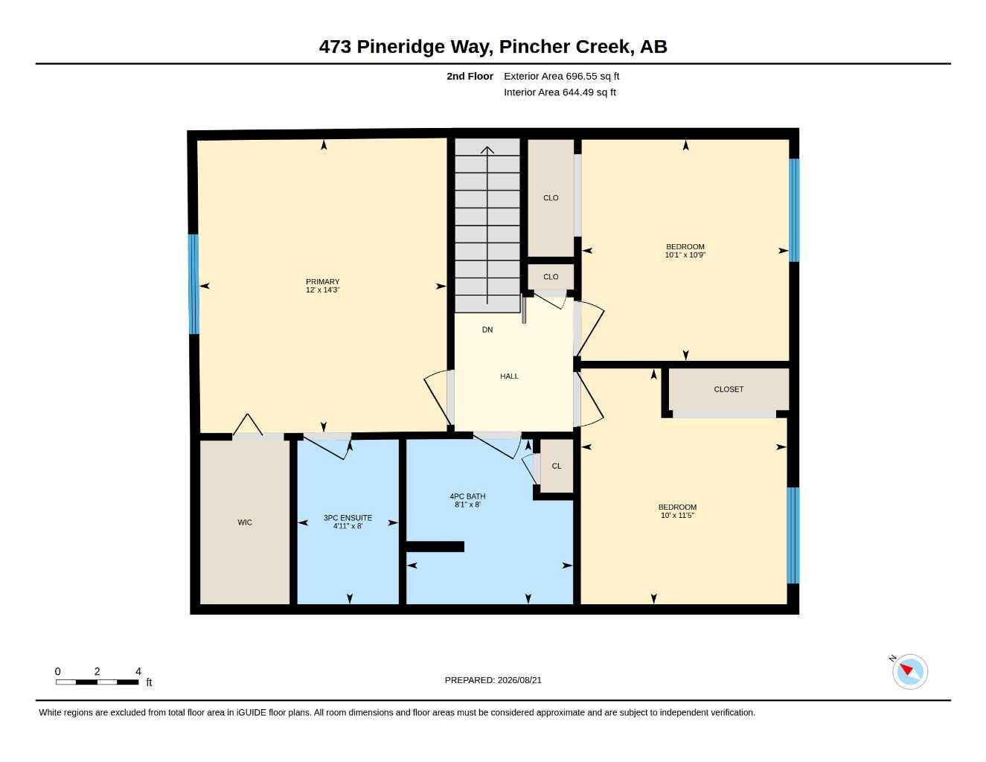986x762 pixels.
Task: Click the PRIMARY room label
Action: pyautogui.click(x=322, y=282)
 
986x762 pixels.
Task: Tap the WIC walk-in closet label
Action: pyautogui.click(x=245, y=522)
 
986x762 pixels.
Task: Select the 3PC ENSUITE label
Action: pyautogui.click(x=348, y=517)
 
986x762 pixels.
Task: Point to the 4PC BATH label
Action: pyautogui.click(x=467, y=496)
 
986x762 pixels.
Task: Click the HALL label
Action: pyautogui.click(x=509, y=376)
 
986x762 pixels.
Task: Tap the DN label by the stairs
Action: pyautogui.click(x=487, y=330)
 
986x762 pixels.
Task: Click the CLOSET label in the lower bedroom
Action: pyautogui.click(x=729, y=389)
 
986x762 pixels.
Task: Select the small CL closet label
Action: pyautogui.click(x=557, y=466)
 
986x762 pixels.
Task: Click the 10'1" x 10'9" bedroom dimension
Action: pyautogui.click(x=685, y=255)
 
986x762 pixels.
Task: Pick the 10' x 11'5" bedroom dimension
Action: pyautogui.click(x=677, y=515)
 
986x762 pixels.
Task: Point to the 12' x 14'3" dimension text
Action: pyautogui.click(x=322, y=289)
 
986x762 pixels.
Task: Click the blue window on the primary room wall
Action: pyautogui.click(x=193, y=284)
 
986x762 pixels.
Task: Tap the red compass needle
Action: pyautogui.click(x=906, y=670)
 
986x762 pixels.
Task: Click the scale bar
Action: pyautogui.click(x=97, y=682)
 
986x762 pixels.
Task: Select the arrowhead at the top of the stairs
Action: pyautogui.click(x=487, y=150)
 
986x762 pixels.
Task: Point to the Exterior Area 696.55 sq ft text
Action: pyautogui.click(x=561, y=76)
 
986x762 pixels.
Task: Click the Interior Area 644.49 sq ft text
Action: pyautogui.click(x=560, y=92)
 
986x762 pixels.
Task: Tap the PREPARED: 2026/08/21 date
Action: pyautogui.click(x=493, y=680)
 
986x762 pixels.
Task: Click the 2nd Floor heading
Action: pyautogui.click(x=470, y=76)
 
